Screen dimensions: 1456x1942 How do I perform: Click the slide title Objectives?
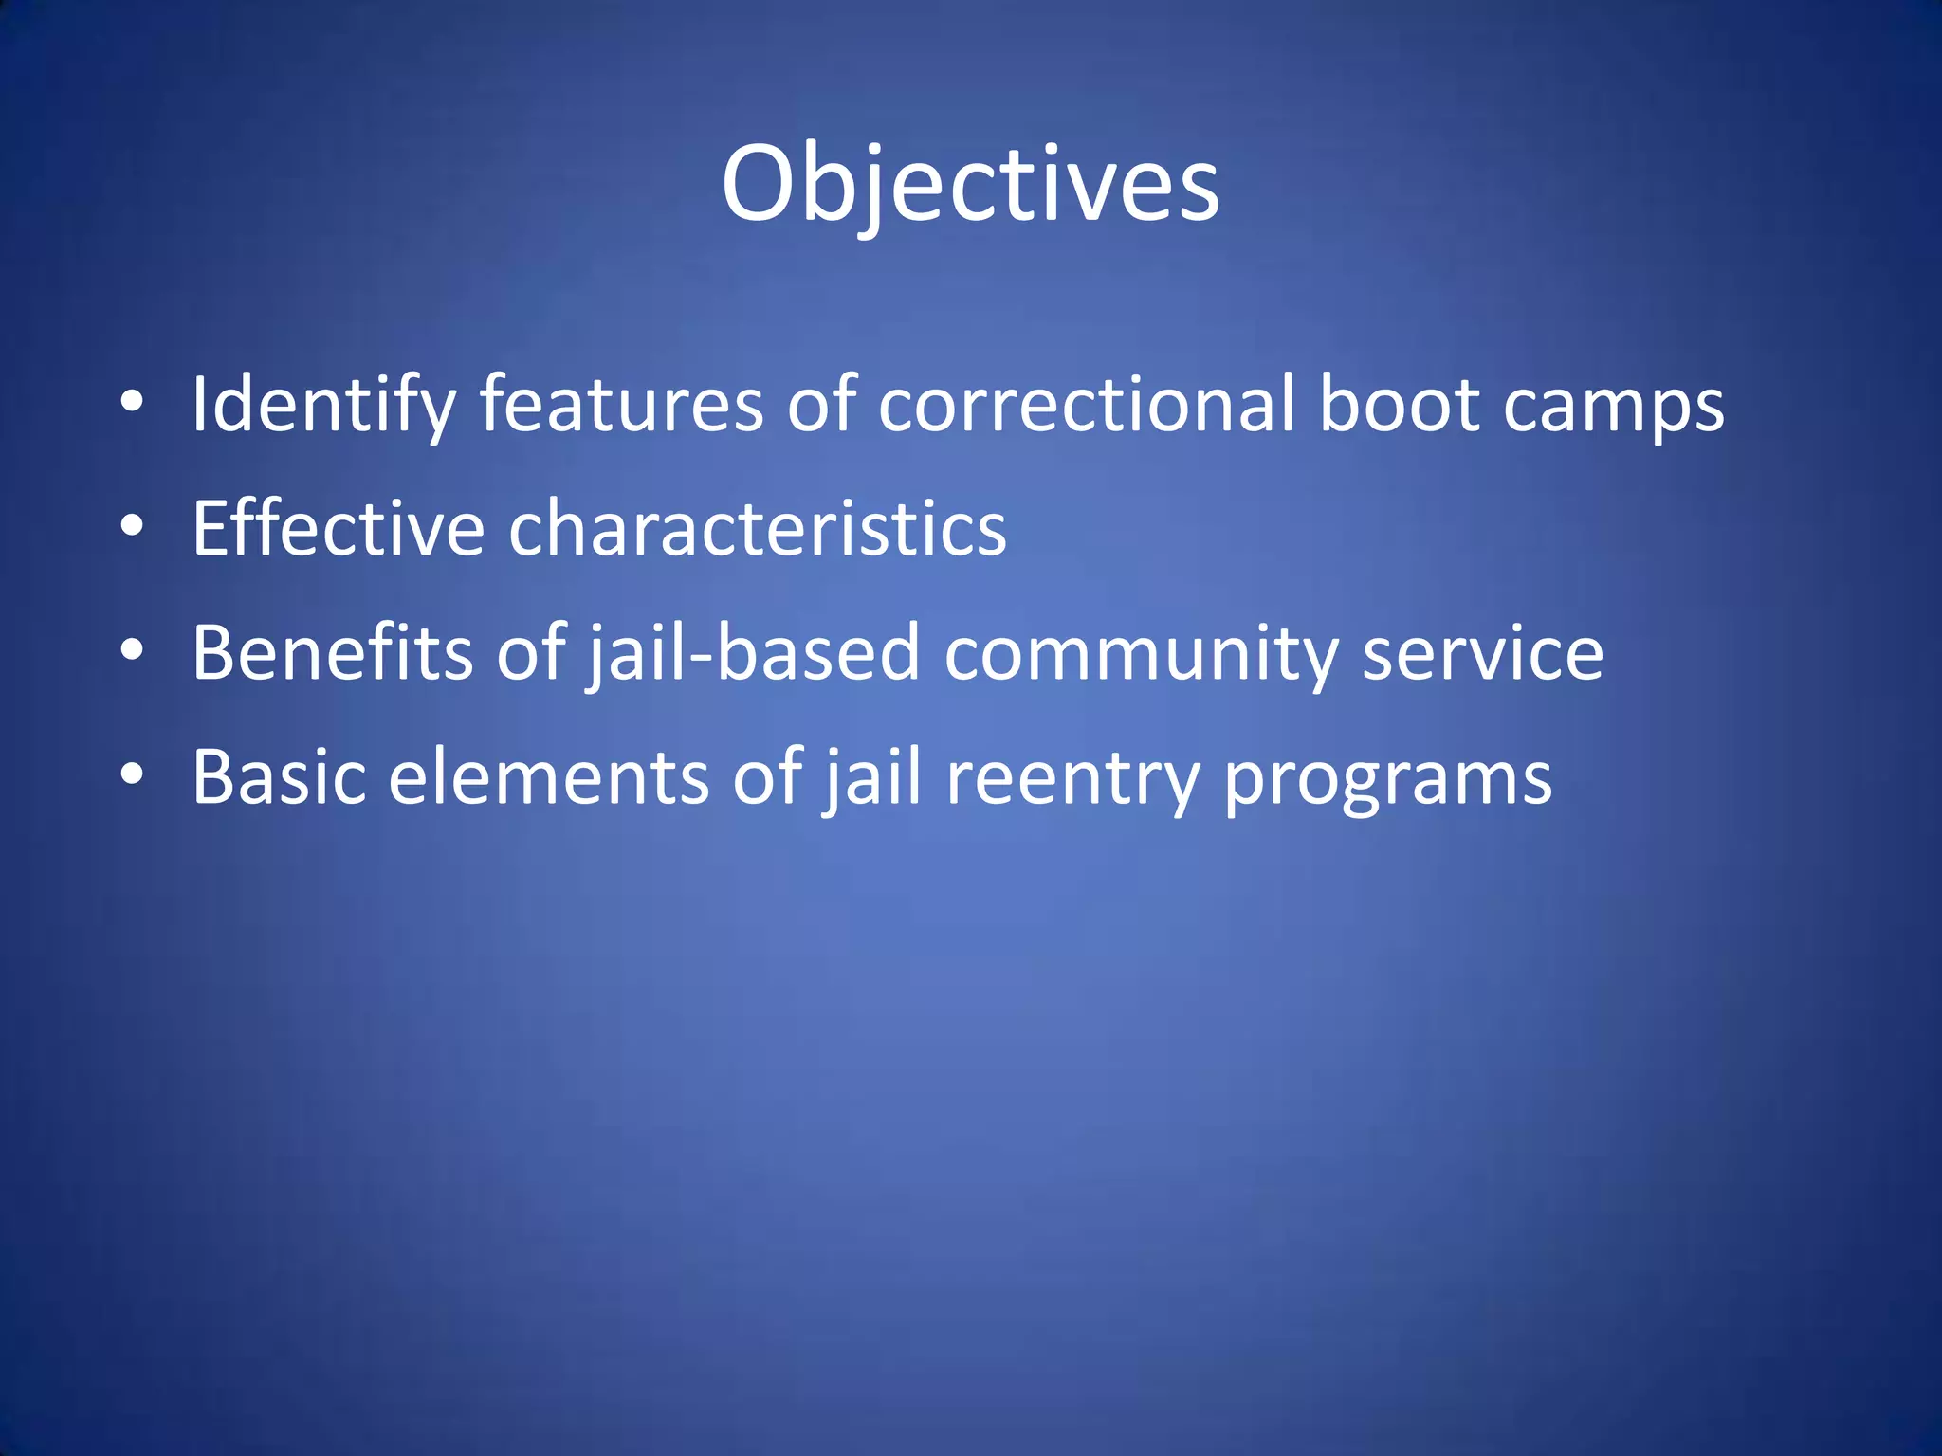[970, 185]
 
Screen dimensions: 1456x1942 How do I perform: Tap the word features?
[621, 406]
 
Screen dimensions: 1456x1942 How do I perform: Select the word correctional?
[1087, 406]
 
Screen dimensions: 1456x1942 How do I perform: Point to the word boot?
[1400, 406]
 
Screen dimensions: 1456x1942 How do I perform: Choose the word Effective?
[339, 529]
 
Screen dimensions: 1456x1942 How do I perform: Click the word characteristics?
[758, 529]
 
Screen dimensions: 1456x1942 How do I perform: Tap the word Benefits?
[332, 653]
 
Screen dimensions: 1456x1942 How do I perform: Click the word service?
[1483, 653]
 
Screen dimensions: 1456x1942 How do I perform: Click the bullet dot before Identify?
[132, 403]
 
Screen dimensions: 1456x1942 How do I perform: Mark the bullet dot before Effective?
[132, 526]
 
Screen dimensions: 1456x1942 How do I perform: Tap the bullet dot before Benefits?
[132, 650]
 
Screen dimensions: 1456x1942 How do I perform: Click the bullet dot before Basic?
[132, 774]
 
